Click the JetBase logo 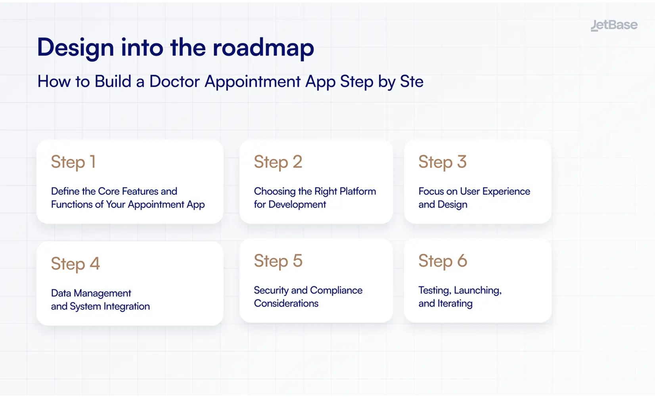[614, 25]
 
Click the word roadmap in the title [263, 48]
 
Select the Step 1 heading [73, 162]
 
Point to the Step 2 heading [278, 162]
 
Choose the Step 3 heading [442, 162]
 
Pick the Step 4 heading [75, 264]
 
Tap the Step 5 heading [278, 261]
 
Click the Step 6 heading [442, 261]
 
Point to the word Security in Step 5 [271, 291]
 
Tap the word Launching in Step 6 [477, 291]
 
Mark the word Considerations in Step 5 [286, 304]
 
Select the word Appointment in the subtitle [253, 82]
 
